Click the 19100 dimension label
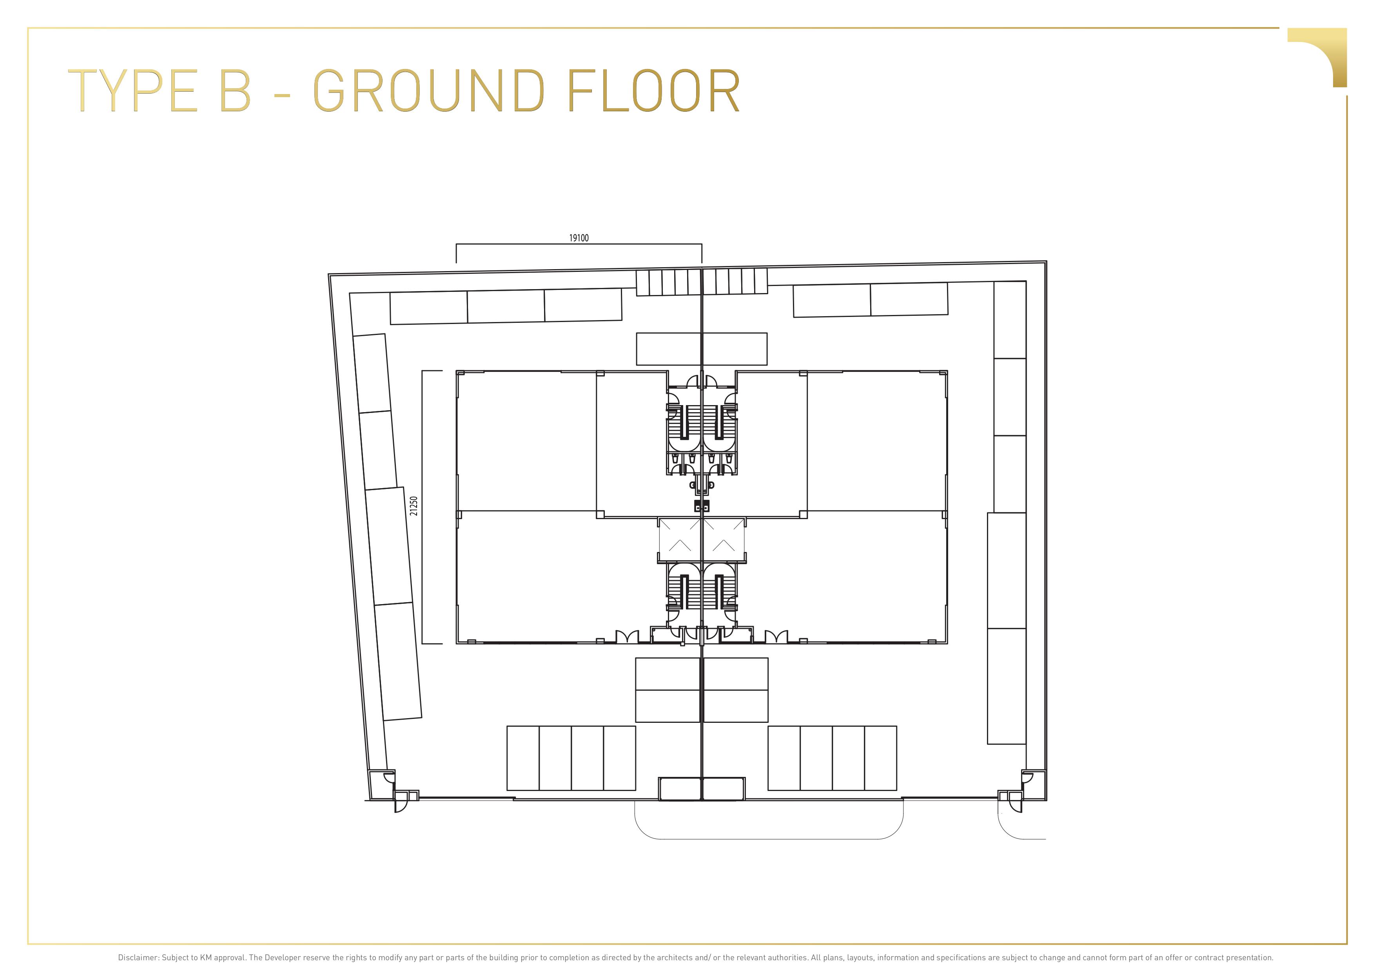[x=579, y=238]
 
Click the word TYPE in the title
[x=133, y=91]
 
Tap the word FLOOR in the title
[x=653, y=91]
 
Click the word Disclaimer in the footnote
[x=138, y=958]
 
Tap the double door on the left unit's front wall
[x=627, y=636]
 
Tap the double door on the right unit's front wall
[x=777, y=636]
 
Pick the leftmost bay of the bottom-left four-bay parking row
[x=523, y=758]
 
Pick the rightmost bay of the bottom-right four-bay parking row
[x=880, y=758]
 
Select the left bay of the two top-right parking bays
[x=832, y=300]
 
